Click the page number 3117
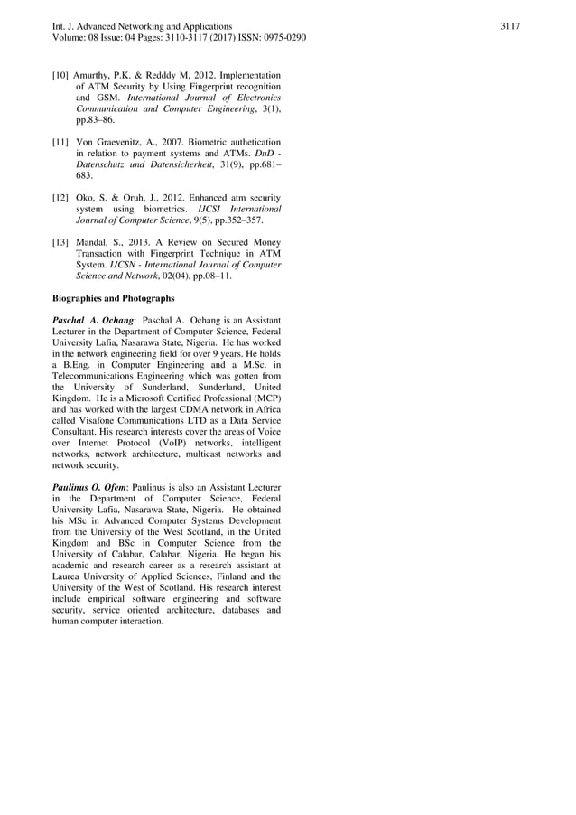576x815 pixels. click(510, 26)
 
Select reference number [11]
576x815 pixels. click(60, 142)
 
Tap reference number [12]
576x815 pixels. click(60, 197)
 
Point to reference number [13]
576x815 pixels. click(60, 241)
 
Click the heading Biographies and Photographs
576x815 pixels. click(114, 297)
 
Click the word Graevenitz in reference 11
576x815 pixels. click(121, 142)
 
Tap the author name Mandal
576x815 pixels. click(95, 241)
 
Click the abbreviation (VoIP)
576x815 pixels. click(177, 443)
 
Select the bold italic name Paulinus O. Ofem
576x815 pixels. click(89, 487)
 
